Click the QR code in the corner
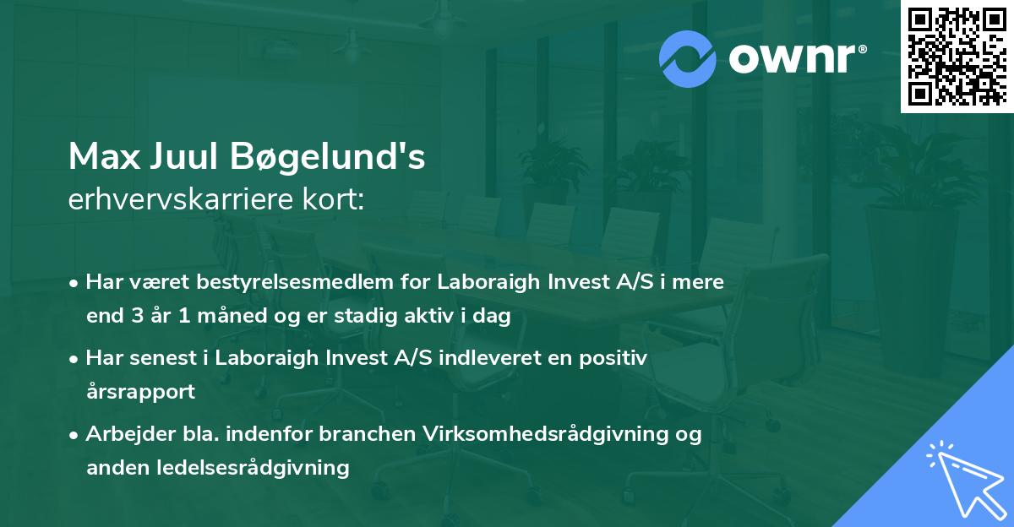956,56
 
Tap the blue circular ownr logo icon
689,58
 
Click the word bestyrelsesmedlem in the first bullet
251,282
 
